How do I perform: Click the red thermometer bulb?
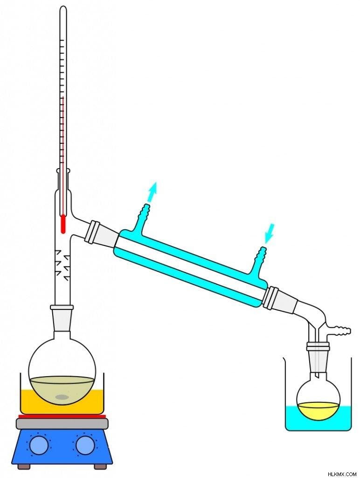63,224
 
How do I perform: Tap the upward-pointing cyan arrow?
152,192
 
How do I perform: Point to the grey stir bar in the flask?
62,397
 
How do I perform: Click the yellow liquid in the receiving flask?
318,410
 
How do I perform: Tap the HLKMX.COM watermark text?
342,474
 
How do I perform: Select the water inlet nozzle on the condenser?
261,253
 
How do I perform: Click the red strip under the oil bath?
62,416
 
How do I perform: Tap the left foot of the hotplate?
22,466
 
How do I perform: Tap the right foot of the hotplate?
99,466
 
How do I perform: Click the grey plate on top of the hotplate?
62,423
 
